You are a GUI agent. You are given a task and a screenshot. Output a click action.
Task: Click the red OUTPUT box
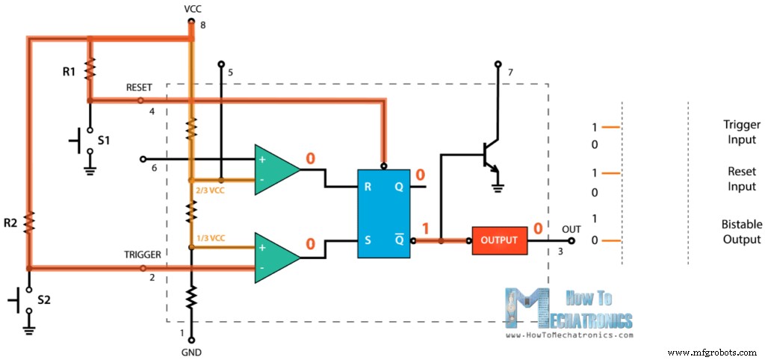(x=499, y=240)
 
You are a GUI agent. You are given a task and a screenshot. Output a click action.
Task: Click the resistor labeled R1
(x=90, y=69)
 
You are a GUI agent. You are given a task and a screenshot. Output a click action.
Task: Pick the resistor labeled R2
(x=29, y=222)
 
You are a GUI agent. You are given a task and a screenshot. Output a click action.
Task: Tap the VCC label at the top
(x=192, y=8)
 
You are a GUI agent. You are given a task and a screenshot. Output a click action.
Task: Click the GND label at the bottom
(x=191, y=352)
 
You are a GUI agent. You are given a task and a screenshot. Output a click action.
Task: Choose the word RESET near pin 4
(x=140, y=87)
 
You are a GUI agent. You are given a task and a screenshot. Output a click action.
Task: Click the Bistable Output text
(x=741, y=232)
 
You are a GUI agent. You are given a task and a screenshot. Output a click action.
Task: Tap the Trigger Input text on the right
(x=741, y=133)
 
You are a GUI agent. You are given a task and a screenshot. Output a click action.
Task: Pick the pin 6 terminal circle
(x=142, y=159)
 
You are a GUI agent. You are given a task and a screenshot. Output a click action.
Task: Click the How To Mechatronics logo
(x=568, y=310)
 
